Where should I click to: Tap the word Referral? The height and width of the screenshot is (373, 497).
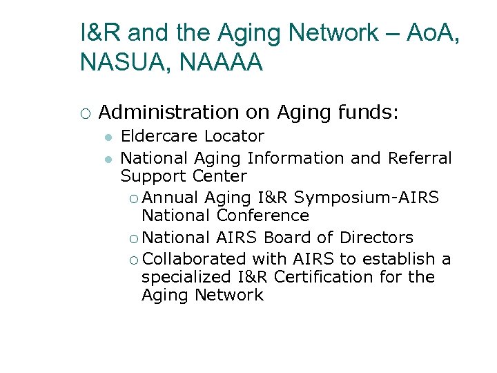coord(420,158)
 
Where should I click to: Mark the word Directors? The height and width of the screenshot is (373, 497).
coord(376,238)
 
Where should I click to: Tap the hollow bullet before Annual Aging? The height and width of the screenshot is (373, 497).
coord(133,199)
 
